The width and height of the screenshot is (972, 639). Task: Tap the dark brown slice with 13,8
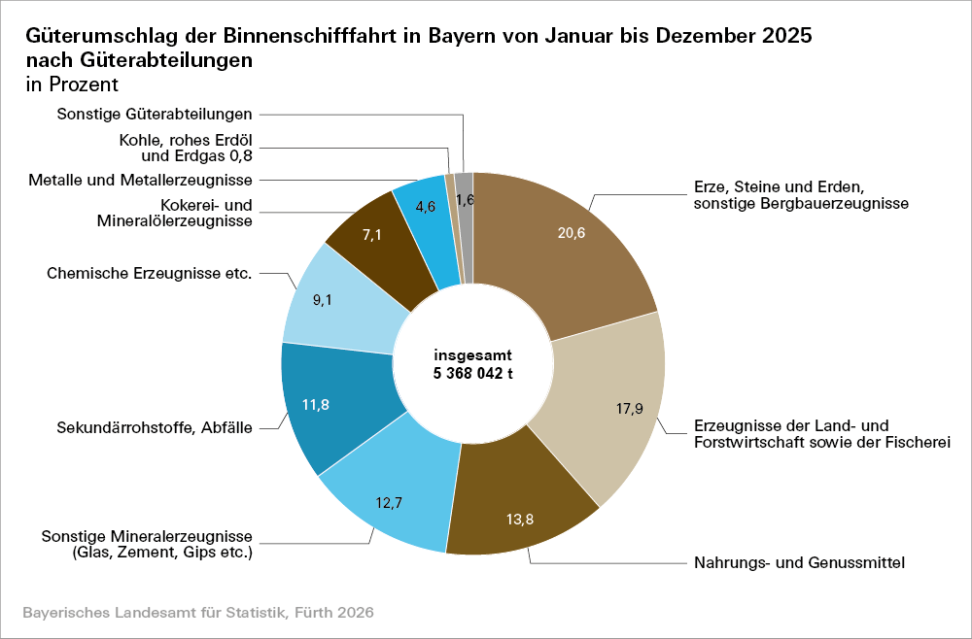pyautogui.click(x=521, y=519)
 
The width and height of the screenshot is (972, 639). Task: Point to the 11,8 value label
pyautogui.click(x=316, y=405)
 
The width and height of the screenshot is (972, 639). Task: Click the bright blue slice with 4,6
pyautogui.click(x=425, y=206)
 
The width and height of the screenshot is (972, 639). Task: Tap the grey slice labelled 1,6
pyautogui.click(x=465, y=199)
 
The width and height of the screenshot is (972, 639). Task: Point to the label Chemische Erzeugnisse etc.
pyautogui.click(x=150, y=274)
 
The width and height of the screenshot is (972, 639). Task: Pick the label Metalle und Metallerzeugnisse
pyautogui.click(x=141, y=180)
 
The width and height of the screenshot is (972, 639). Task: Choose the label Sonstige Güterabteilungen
pyautogui.click(x=155, y=114)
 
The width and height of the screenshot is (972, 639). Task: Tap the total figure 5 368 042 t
pyautogui.click(x=473, y=373)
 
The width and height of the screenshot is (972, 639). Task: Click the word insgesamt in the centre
pyautogui.click(x=473, y=355)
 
